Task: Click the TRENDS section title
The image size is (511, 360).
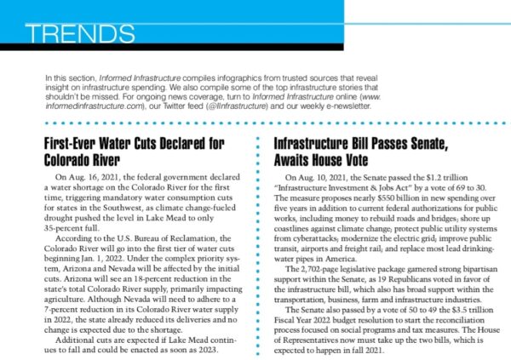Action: (80, 33)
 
